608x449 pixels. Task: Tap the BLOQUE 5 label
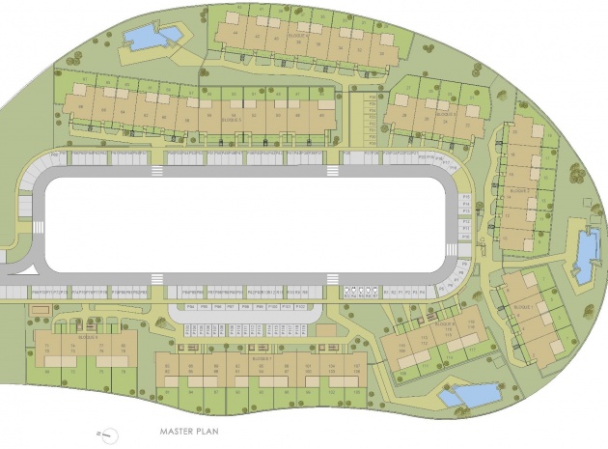pyautogui.click(x=231, y=119)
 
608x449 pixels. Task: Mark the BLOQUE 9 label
pyautogui.click(x=88, y=338)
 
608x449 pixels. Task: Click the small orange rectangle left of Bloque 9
pyautogui.click(x=39, y=310)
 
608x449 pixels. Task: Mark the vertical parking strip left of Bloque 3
pyautogui.click(x=373, y=122)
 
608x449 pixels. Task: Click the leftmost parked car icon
pyautogui.click(x=348, y=290)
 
